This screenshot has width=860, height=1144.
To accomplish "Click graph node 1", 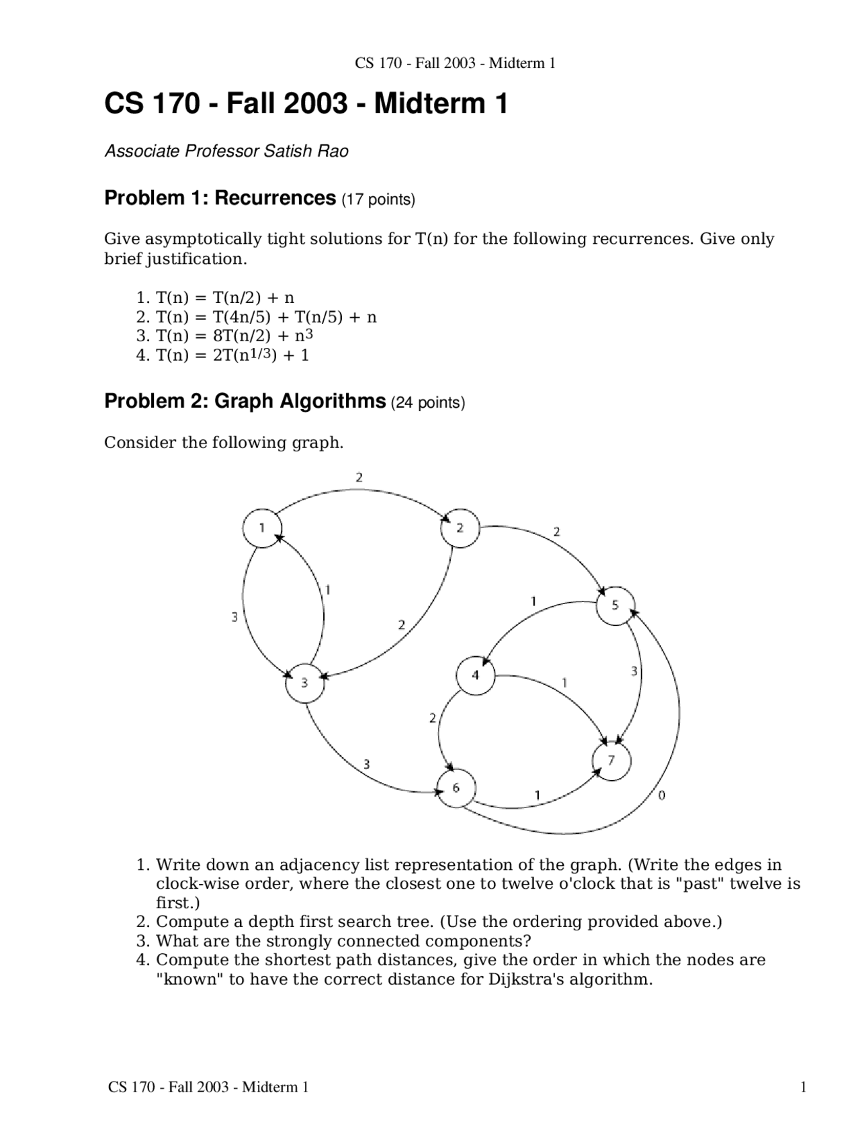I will [x=261, y=528].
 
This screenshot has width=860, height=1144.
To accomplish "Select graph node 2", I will [x=460, y=528].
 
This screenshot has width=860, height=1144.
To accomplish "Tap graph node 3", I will [x=304, y=683].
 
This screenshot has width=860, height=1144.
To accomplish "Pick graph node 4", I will [x=475, y=675].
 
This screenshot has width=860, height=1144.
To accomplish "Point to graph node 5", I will [x=615, y=605].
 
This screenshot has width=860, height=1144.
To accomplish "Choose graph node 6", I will [x=456, y=788].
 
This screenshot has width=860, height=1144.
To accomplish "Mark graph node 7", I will [x=611, y=760].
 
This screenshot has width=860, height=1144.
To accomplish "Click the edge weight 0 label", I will [x=662, y=795].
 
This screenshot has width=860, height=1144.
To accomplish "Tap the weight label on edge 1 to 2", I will [x=359, y=478].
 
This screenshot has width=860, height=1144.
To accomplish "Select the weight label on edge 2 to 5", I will [x=556, y=532].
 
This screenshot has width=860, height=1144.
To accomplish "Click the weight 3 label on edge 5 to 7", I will [x=634, y=671].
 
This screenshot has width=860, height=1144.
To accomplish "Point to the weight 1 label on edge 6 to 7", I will [x=537, y=795].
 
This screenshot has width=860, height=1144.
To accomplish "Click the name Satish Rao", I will [x=306, y=151].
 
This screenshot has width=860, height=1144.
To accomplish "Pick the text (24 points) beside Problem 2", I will [x=428, y=403].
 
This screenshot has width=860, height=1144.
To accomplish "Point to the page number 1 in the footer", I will [x=803, y=1087].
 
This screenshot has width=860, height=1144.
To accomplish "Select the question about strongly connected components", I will [x=343, y=941].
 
